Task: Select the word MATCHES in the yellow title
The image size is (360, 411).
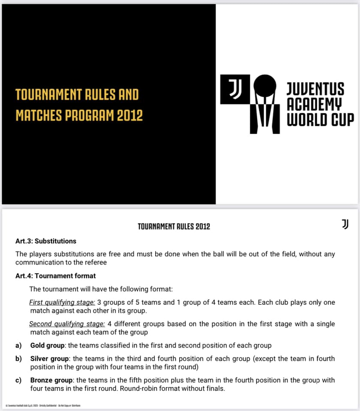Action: point(37,116)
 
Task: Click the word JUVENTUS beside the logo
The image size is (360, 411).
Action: point(315,89)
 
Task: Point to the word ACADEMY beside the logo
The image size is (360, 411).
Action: point(315,103)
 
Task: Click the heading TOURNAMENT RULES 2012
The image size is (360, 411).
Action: point(174,226)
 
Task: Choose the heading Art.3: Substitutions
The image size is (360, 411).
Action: point(46,241)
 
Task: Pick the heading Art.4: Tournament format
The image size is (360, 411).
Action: point(56,276)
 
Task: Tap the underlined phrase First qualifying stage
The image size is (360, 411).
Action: point(62,302)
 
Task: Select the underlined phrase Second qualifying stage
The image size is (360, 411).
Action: point(67,324)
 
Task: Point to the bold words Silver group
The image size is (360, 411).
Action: point(50,358)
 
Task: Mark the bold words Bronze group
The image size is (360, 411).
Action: point(52,380)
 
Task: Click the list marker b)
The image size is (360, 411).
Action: point(18,358)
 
